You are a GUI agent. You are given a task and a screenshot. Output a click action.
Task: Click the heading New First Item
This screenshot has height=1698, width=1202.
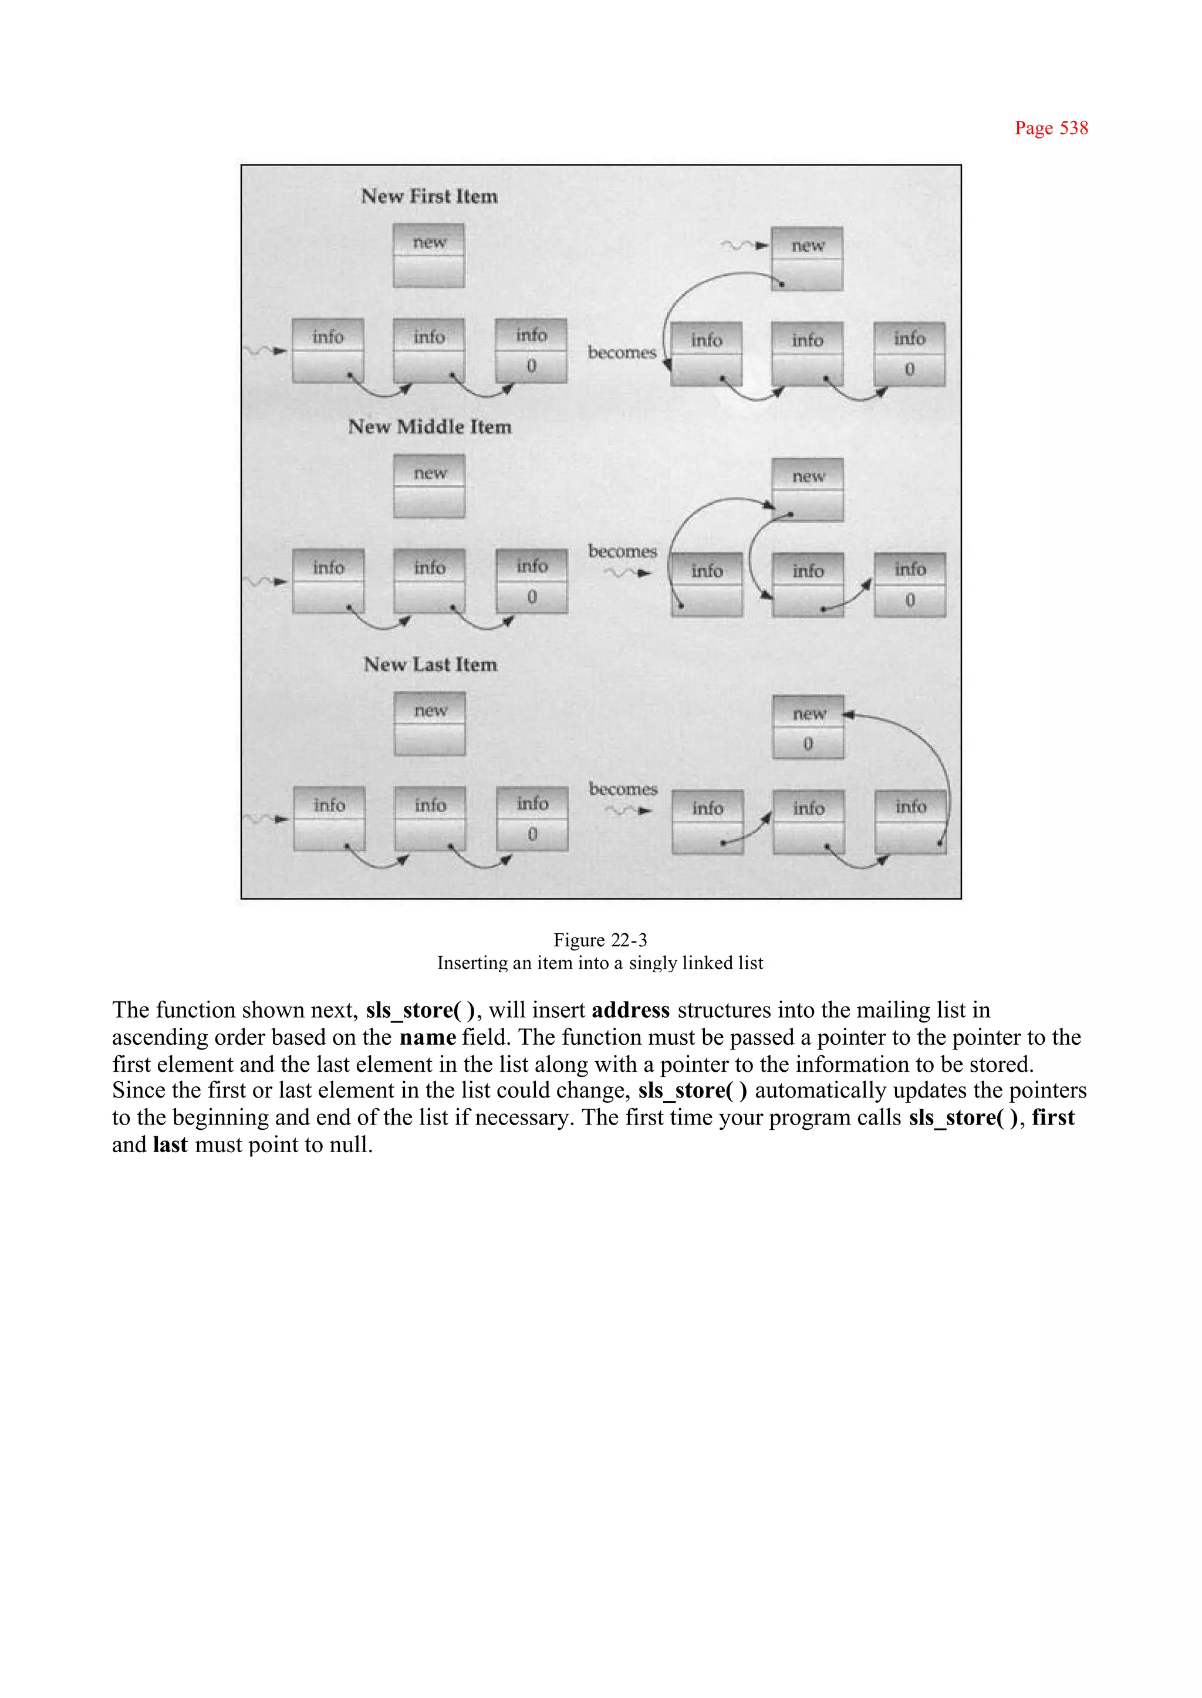429,196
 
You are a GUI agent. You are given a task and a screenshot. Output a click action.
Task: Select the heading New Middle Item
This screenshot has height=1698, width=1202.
430,427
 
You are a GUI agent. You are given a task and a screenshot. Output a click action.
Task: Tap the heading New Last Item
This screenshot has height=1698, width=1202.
430,664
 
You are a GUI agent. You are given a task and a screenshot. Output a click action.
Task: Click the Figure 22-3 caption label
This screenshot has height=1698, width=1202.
600,940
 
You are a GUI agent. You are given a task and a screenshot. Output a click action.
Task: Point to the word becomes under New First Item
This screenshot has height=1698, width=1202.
622,352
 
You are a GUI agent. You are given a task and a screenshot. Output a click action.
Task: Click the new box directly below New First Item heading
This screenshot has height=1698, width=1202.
429,255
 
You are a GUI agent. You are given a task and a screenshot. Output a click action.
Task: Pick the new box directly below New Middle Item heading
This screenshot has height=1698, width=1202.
429,487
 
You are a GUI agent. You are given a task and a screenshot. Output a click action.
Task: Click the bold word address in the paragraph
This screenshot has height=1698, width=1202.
630,1010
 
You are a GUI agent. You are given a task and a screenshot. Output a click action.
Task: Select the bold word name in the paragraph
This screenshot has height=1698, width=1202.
428,1037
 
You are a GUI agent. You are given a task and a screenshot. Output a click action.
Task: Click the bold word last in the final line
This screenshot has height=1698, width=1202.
170,1145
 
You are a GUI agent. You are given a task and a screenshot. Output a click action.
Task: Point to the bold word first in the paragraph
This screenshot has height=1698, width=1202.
1054,1117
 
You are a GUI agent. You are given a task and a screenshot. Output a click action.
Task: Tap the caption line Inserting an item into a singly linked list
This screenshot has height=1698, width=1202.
600,963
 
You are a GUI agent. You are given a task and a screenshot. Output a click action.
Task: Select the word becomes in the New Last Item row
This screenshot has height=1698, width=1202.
623,789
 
